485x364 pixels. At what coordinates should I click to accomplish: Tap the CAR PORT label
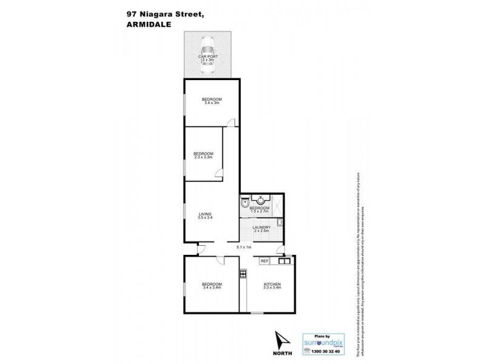click(208, 58)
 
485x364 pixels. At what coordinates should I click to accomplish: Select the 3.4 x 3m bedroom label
click(212, 101)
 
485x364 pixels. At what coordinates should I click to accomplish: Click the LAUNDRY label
click(262, 229)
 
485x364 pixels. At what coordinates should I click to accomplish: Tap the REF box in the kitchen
click(264, 261)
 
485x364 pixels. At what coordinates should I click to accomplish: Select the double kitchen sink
click(284, 261)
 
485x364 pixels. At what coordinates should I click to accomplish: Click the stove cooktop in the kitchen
click(243, 274)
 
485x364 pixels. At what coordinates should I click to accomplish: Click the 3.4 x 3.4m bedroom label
click(212, 286)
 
